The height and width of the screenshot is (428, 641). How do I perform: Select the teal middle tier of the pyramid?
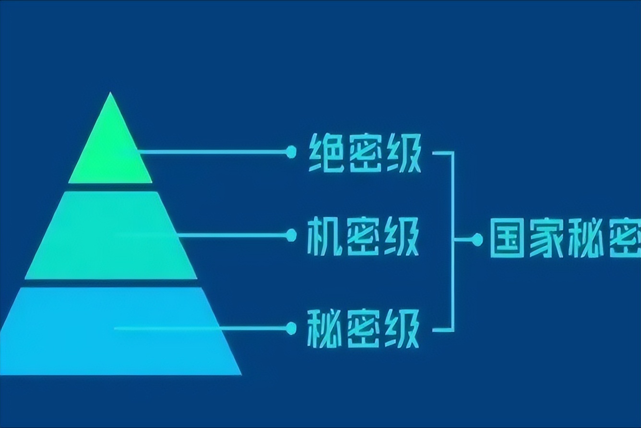pos(111,235)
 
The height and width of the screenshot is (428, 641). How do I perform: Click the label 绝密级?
pos(364,153)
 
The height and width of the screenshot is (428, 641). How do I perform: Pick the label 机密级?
pos(363,236)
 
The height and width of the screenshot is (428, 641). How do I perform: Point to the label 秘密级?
pos(363,329)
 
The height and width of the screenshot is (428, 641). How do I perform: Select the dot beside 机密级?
pos(291,235)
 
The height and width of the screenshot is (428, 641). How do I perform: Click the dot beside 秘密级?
pos(291,329)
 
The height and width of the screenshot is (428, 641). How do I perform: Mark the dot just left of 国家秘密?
pos(477,239)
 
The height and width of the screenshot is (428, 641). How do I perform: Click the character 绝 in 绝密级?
pos(325,153)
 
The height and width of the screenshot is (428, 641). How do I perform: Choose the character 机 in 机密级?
pos(324,236)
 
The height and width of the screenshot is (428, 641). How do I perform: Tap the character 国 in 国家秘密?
pos(507,238)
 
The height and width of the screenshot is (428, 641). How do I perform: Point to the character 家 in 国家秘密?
pos(546,238)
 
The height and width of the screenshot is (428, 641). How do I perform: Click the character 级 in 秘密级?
pos(402,329)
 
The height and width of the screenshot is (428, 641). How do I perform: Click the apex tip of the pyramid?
pos(110,94)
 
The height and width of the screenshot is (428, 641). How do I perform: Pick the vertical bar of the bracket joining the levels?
pos(452,240)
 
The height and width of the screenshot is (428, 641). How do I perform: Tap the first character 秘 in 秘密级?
pos(324,329)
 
